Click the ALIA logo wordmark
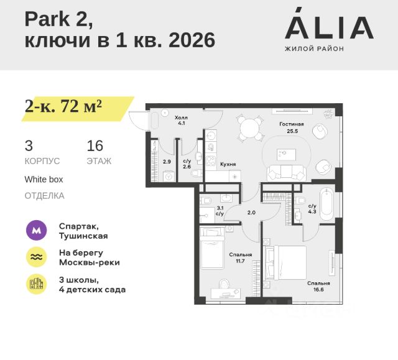[x=329, y=27]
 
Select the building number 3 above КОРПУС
[x=29, y=146]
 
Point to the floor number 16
[x=95, y=146]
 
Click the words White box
[x=44, y=179]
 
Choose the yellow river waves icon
[x=37, y=257]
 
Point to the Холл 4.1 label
[x=181, y=121]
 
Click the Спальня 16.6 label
[x=318, y=286]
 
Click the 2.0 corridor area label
[x=251, y=213]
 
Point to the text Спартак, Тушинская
[x=83, y=231]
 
